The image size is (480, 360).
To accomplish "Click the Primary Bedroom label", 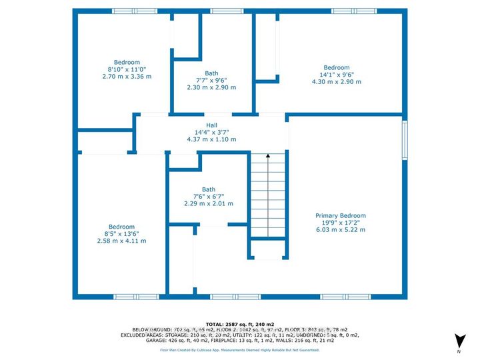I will [x=340, y=216].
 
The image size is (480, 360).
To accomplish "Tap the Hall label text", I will [x=211, y=125].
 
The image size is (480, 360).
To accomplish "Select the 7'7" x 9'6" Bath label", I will [x=211, y=74].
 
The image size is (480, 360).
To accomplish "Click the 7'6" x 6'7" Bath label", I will [x=209, y=189].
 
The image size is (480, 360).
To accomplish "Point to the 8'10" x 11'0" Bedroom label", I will [x=127, y=62].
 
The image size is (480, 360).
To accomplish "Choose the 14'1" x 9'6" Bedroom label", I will [x=337, y=68].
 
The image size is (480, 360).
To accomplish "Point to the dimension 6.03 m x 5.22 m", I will [x=340, y=230].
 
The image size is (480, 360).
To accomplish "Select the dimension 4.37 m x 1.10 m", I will [x=211, y=139].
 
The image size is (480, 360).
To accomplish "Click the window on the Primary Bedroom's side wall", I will [x=403, y=140].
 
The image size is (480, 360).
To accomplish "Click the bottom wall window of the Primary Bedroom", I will [x=337, y=296].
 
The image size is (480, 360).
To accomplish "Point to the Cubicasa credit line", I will [x=240, y=349].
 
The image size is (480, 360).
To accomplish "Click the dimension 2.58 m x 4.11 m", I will [x=122, y=241].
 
